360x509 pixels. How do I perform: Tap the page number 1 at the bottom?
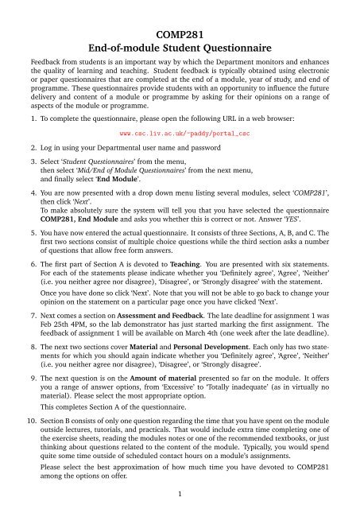click(180, 497)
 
